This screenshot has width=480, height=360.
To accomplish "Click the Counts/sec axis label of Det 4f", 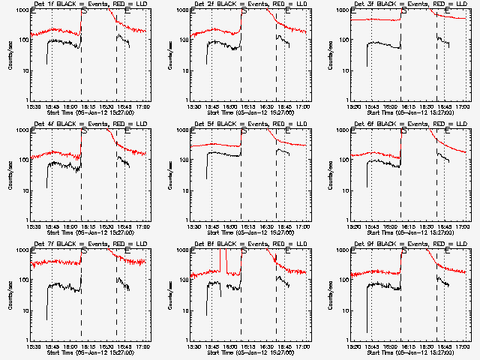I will pos(10,174).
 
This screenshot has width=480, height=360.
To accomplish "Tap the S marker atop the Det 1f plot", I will pos(84,12).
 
